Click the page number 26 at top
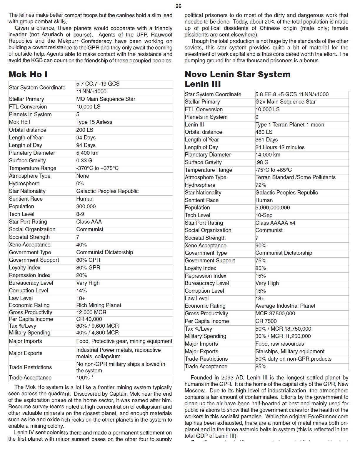(178, 6)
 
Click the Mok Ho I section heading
(28, 74)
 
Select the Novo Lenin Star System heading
(237, 74)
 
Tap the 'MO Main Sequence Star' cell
(106, 99)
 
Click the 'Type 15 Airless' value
(94, 122)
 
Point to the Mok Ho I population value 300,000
(86, 206)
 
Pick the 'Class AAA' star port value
(89, 222)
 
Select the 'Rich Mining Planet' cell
(99, 305)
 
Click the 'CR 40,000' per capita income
(89, 319)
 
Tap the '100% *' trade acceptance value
(85, 378)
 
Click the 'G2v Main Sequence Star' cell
(285, 102)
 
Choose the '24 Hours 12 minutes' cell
(280, 147)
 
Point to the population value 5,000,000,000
(272, 208)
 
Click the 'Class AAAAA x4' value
(275, 223)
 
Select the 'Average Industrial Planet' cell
(285, 306)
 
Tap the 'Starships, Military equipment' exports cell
(290, 352)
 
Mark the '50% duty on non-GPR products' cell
(293, 359)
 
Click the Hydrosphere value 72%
(261, 185)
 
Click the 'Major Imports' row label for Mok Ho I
(25, 341)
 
